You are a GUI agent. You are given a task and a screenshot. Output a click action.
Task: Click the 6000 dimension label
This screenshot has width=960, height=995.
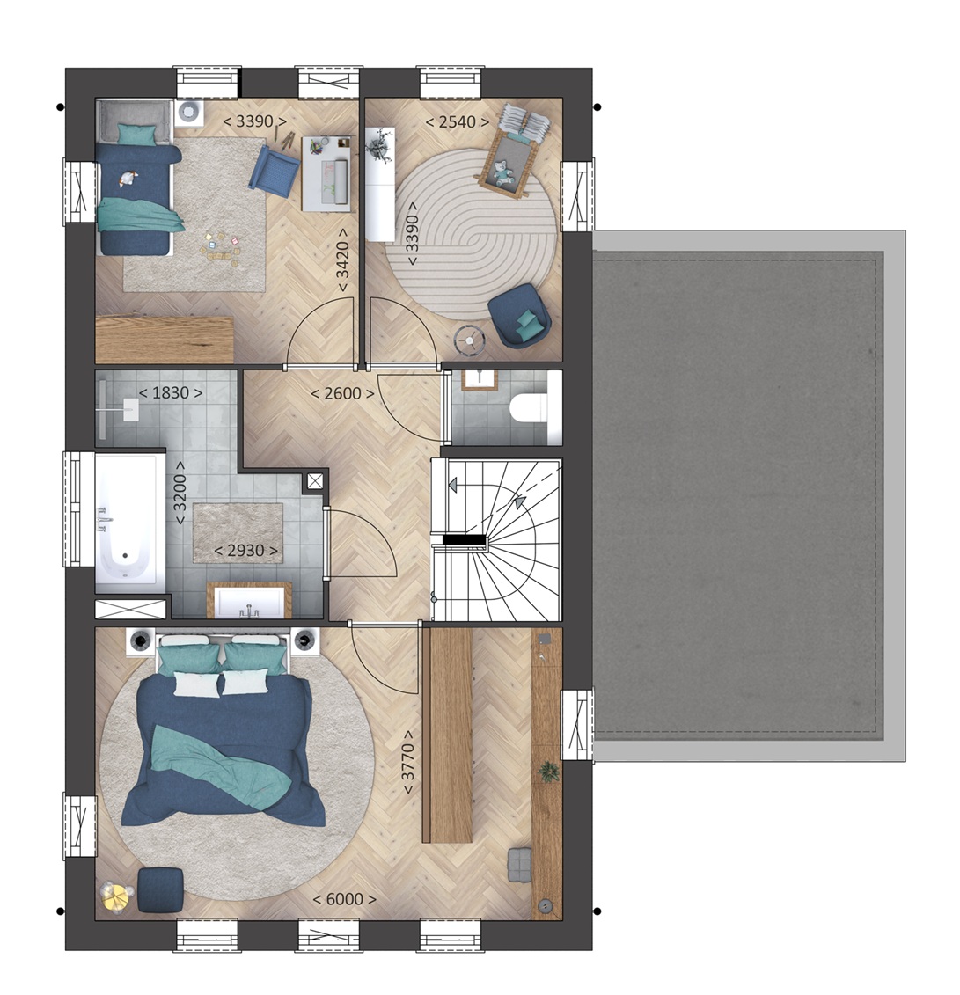tap(345, 899)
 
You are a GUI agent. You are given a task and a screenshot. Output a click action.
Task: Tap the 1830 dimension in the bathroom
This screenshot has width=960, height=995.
tap(171, 392)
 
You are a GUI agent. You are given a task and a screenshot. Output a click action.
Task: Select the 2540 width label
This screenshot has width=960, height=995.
tap(457, 121)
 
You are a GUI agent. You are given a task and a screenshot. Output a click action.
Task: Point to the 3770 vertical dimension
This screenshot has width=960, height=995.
tap(408, 762)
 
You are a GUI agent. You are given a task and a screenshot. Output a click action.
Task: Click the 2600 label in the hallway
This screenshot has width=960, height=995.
tap(342, 393)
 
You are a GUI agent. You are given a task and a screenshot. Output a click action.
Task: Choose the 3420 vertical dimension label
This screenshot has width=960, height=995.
tap(342, 260)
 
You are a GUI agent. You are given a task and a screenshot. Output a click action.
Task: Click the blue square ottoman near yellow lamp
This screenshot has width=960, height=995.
tap(160, 889)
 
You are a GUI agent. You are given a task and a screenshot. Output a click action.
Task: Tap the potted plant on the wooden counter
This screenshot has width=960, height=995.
tap(547, 772)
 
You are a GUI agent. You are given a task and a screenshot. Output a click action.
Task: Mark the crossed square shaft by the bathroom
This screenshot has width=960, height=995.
tap(315, 481)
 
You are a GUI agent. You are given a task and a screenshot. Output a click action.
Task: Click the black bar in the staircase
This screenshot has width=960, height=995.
tap(464, 540)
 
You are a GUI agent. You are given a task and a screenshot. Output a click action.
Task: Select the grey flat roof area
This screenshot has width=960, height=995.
tap(738, 495)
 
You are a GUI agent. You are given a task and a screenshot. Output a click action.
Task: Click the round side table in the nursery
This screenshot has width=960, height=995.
tap(470, 340)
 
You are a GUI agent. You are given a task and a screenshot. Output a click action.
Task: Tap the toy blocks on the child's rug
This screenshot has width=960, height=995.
tap(220, 249)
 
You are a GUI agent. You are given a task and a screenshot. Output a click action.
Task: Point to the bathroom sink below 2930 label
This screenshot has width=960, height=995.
tap(249, 602)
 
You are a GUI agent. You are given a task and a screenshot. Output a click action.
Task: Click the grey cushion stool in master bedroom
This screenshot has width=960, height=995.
tap(520, 864)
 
